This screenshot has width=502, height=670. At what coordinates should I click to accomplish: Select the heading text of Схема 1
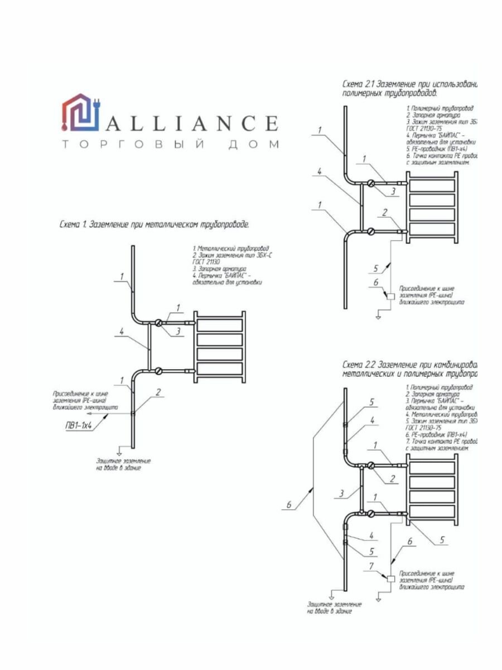154,225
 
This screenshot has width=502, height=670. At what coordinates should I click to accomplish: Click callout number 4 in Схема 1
121,331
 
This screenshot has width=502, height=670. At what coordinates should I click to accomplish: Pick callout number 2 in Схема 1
159,392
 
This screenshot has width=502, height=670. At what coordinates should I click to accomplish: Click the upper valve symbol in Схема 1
159,322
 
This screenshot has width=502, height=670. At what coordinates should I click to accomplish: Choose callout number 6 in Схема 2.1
376,282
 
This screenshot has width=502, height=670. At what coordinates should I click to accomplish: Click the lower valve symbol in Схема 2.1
370,231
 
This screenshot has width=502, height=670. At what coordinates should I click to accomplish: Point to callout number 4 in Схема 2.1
320,172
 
